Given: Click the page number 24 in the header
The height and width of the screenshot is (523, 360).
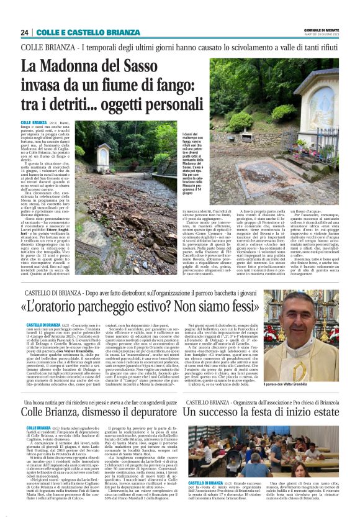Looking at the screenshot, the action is coord(24,32).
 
